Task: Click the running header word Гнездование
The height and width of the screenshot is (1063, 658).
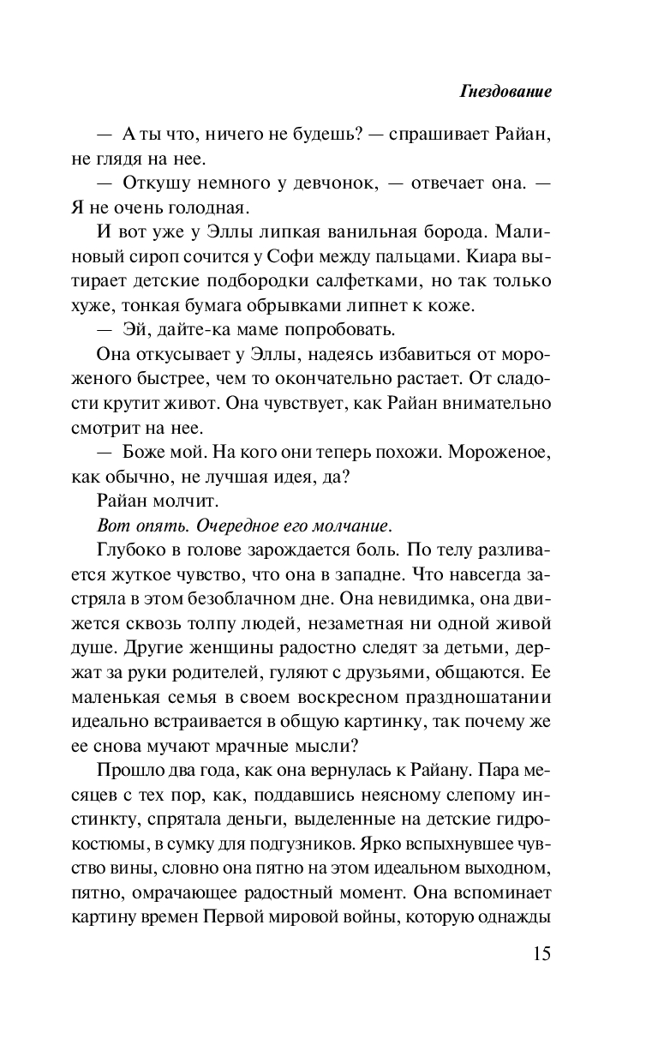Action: point(505,92)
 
